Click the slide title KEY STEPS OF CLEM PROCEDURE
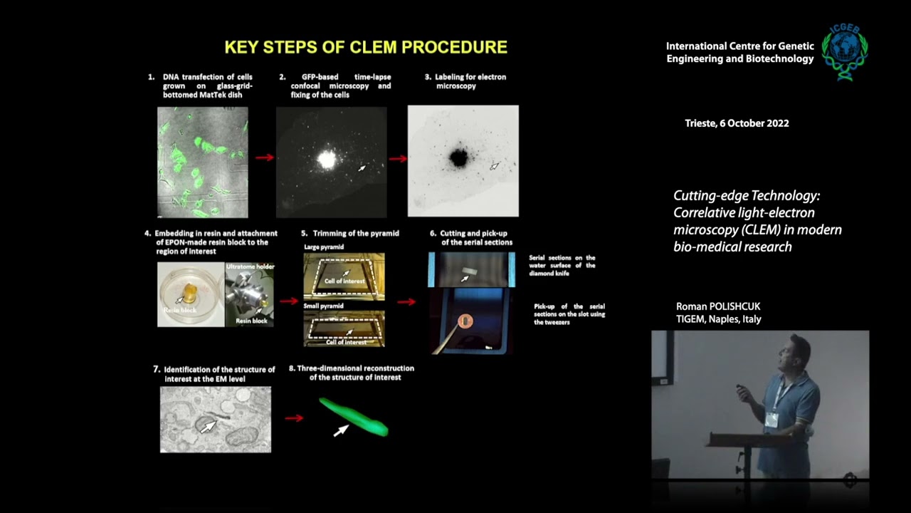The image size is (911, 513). pos(366,48)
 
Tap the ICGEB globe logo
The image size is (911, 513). pos(845,51)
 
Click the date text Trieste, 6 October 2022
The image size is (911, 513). pos(737,123)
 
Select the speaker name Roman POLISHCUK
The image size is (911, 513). pos(718,306)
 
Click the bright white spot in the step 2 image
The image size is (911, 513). pos(327,160)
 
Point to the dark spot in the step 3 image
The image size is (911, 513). pos(458,157)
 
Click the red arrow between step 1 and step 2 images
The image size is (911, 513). pos(264,157)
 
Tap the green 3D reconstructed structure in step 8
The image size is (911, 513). pos(354,418)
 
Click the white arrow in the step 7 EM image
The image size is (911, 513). pos(208,426)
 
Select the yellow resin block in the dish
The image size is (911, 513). pos(190,291)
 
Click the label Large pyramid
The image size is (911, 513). pos(324,247)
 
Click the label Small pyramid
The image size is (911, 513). pos(323,306)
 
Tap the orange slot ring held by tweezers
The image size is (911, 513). pos(465,321)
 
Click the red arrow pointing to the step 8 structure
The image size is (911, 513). pos(293,418)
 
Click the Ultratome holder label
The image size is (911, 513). pos(250,266)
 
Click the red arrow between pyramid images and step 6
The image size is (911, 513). pos(406,301)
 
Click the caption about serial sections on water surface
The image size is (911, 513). pos(562,265)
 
